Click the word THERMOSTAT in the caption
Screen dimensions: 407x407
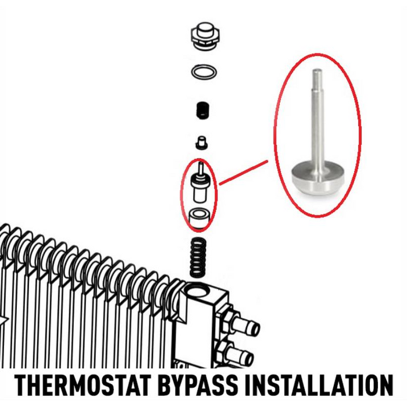pos(83,385)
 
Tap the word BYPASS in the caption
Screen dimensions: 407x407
pos(198,385)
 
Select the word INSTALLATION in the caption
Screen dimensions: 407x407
pos(319,385)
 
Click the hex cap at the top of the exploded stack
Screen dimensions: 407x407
pos(205,36)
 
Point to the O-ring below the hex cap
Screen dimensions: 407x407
pos(204,72)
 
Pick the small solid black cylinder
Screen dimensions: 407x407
pos(203,110)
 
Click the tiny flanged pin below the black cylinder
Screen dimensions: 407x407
pos(201,143)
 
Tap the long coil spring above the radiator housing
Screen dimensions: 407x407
pos(199,259)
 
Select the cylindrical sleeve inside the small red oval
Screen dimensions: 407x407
pos(199,217)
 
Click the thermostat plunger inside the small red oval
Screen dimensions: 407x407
pos(200,183)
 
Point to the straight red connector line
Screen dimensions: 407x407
pos(244,173)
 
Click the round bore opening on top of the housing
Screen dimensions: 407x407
pos(197,291)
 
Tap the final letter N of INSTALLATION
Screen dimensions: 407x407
pos(385,385)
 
